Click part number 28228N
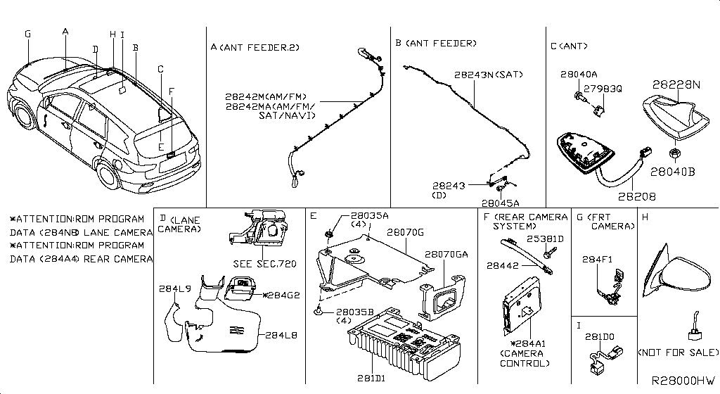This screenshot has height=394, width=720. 676,84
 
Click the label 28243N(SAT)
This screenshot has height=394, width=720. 488,74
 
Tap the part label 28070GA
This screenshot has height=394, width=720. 446,253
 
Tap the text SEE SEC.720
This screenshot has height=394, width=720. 264,264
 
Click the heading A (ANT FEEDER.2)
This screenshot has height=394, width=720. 255,47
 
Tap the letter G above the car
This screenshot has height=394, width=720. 27,34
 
